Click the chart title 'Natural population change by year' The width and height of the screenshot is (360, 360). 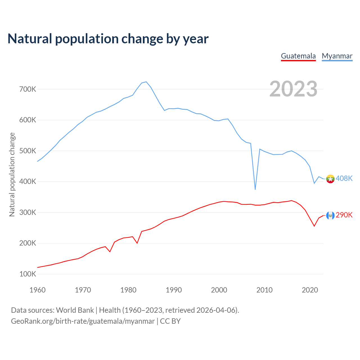tap(108, 39)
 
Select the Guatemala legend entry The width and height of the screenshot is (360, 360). tap(298, 56)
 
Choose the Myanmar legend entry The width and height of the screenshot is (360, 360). tap(337, 56)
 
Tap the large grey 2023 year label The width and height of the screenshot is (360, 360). tap(293, 89)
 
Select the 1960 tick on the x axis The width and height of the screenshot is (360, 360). tap(37, 290)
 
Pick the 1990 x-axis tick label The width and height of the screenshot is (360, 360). tap(174, 290)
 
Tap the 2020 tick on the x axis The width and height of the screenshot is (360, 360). tap(310, 290)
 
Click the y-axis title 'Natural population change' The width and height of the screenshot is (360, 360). tap(12, 174)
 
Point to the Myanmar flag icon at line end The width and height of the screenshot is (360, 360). tap(330, 179)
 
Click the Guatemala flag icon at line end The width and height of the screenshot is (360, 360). tap(330, 215)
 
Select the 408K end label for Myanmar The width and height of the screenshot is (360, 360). tap(344, 179)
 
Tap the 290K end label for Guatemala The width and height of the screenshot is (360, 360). tap(344, 215)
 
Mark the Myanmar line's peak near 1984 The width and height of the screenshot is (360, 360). tap(146, 82)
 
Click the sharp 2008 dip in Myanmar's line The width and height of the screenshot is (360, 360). tap(255, 189)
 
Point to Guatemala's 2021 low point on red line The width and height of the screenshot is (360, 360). tap(314, 226)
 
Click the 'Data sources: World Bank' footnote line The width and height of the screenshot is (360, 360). tap(125, 310)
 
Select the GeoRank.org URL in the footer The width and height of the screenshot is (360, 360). tap(83, 321)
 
